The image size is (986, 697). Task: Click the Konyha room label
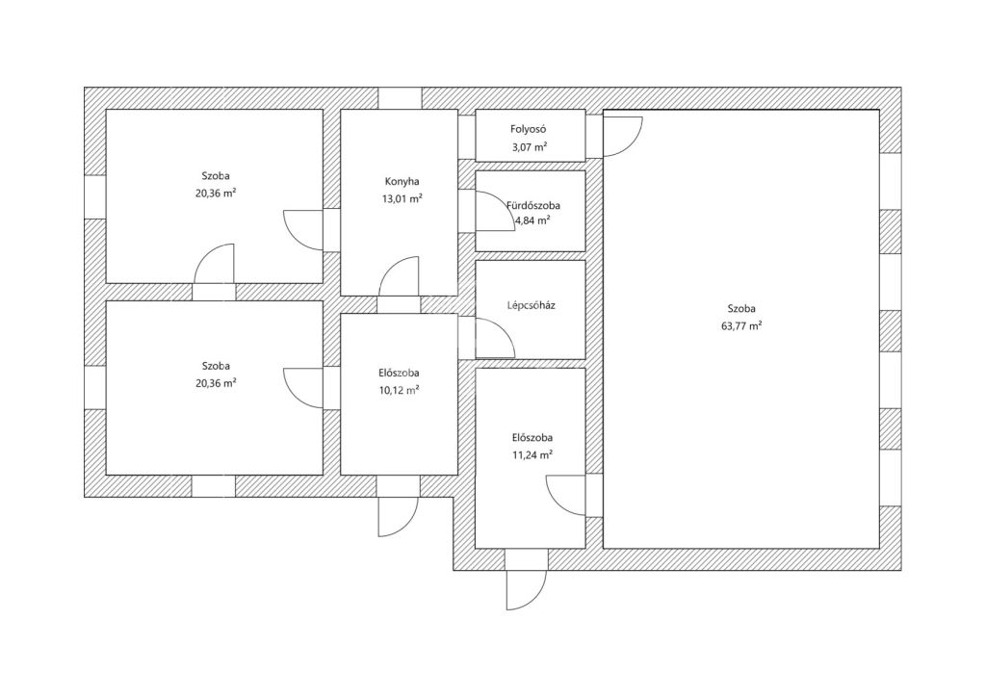402,182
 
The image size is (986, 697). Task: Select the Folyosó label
529,129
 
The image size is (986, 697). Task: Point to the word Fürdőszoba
533,205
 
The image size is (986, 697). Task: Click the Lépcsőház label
531,306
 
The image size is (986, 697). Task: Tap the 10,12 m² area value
399,390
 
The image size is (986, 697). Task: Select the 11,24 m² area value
532,454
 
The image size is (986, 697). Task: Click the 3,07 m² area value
529,146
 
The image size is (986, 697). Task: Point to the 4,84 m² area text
533,220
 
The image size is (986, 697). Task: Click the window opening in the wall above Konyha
400,98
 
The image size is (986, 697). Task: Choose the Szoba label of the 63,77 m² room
742,309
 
